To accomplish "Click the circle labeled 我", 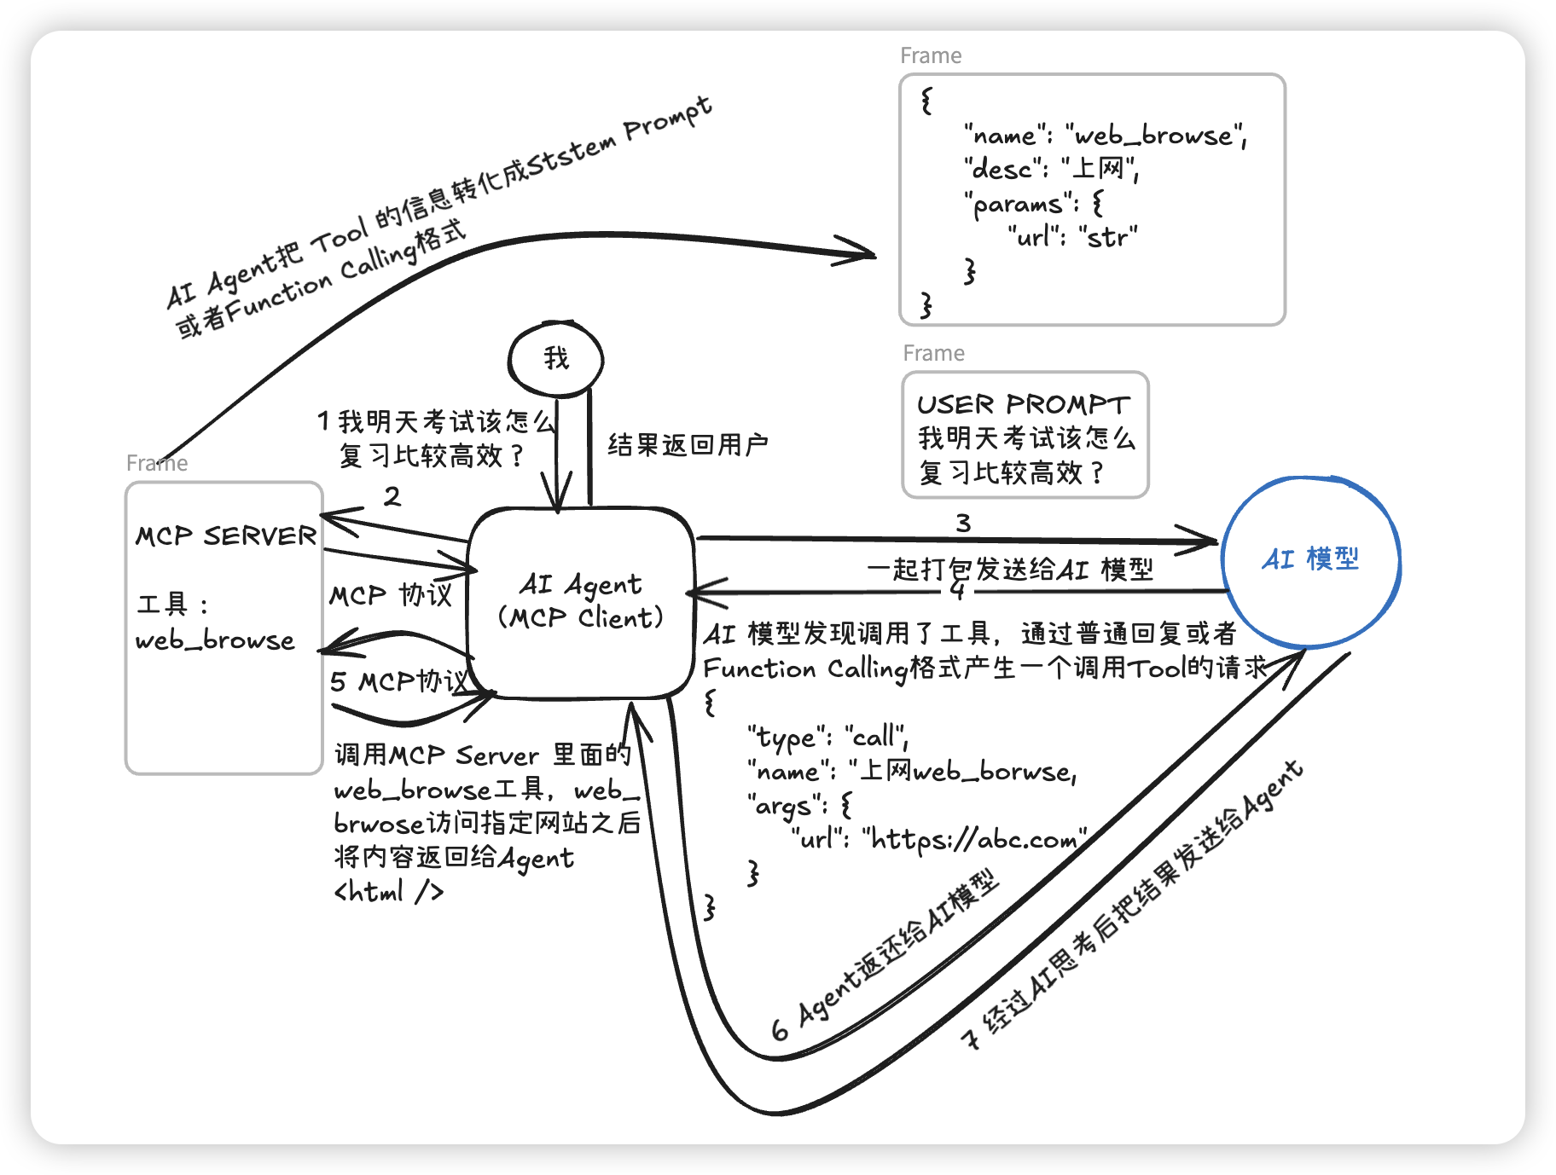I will (555, 359).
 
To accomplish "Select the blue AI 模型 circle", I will (1310, 560).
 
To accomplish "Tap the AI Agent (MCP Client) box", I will (580, 601).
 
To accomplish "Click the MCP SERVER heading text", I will (225, 536).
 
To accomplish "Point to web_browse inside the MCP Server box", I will (215, 640).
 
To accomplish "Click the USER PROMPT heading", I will (1023, 404).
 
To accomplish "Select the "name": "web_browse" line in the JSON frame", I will (1106, 136).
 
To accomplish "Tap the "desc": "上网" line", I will (1051, 169).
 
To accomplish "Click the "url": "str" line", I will (1072, 237).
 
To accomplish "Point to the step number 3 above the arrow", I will (963, 523).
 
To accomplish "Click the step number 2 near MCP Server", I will (392, 496).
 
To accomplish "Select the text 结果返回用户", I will (688, 444).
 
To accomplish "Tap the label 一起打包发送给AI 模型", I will (1010, 569).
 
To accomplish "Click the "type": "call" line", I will (827, 737).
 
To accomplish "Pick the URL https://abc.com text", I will (974, 840).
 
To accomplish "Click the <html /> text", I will (389, 892).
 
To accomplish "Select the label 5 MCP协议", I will (399, 681).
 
